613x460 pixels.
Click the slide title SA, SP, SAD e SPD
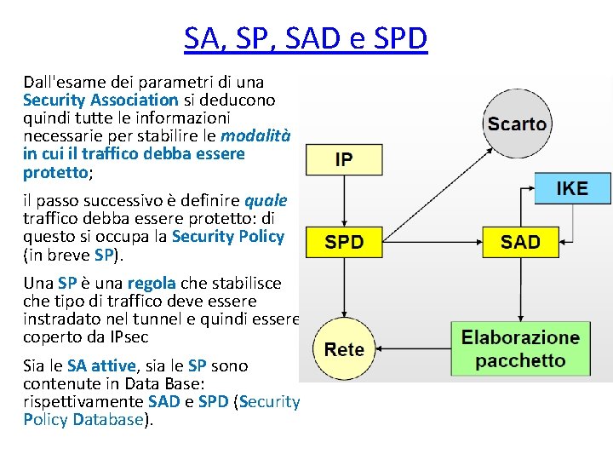point(306,38)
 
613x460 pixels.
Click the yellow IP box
point(344,159)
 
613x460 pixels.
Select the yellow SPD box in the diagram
point(344,242)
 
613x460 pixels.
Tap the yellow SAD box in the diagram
point(520,242)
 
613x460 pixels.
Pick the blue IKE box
point(571,188)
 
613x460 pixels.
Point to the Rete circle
point(344,349)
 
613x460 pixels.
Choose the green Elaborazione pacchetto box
point(520,349)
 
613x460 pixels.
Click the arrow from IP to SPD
point(344,201)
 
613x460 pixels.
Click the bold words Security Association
point(100,100)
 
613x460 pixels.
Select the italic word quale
point(266,201)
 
